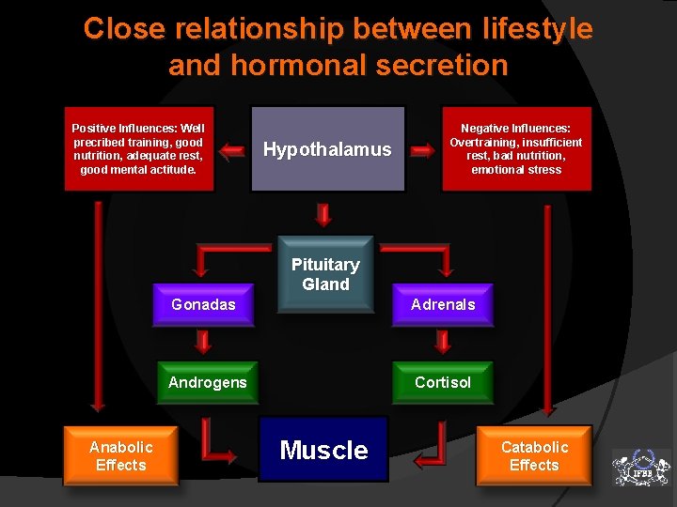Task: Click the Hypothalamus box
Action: click(x=327, y=149)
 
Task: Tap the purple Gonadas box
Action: click(x=204, y=305)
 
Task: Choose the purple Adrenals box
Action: click(x=443, y=305)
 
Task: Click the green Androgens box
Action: click(x=207, y=382)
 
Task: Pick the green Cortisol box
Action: click(x=443, y=382)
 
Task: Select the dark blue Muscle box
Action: click(x=323, y=450)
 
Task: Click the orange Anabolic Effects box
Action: click(x=120, y=455)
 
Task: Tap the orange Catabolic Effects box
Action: click(x=534, y=455)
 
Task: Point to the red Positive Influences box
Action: click(x=139, y=148)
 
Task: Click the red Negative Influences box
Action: click(x=516, y=148)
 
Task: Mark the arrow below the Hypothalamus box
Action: click(x=323, y=214)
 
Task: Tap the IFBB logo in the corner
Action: click(x=641, y=467)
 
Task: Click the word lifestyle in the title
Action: click(x=533, y=29)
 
